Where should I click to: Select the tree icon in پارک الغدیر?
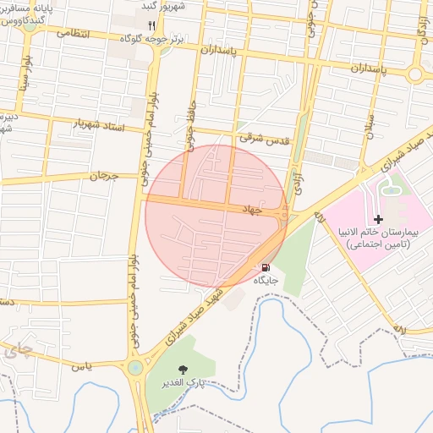tap(184, 370)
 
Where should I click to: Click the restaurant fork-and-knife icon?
tap(152, 25)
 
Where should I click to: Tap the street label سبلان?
tap(368, 131)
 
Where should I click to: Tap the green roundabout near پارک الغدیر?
tap(134, 368)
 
